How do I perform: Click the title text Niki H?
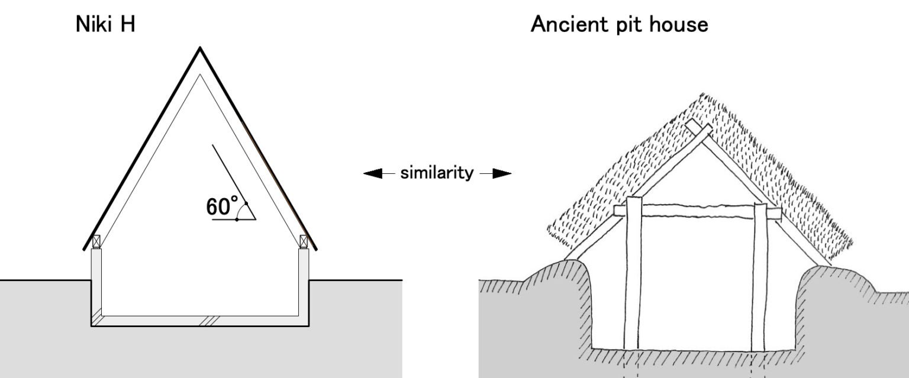point(105,25)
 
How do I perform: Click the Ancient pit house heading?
point(619,25)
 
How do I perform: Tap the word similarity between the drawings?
point(437,173)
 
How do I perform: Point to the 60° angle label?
point(221,206)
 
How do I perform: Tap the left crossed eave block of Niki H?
point(96,241)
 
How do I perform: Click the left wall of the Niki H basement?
point(96,284)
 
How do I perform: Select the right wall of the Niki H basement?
point(304,284)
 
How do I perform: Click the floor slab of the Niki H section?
point(200,321)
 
